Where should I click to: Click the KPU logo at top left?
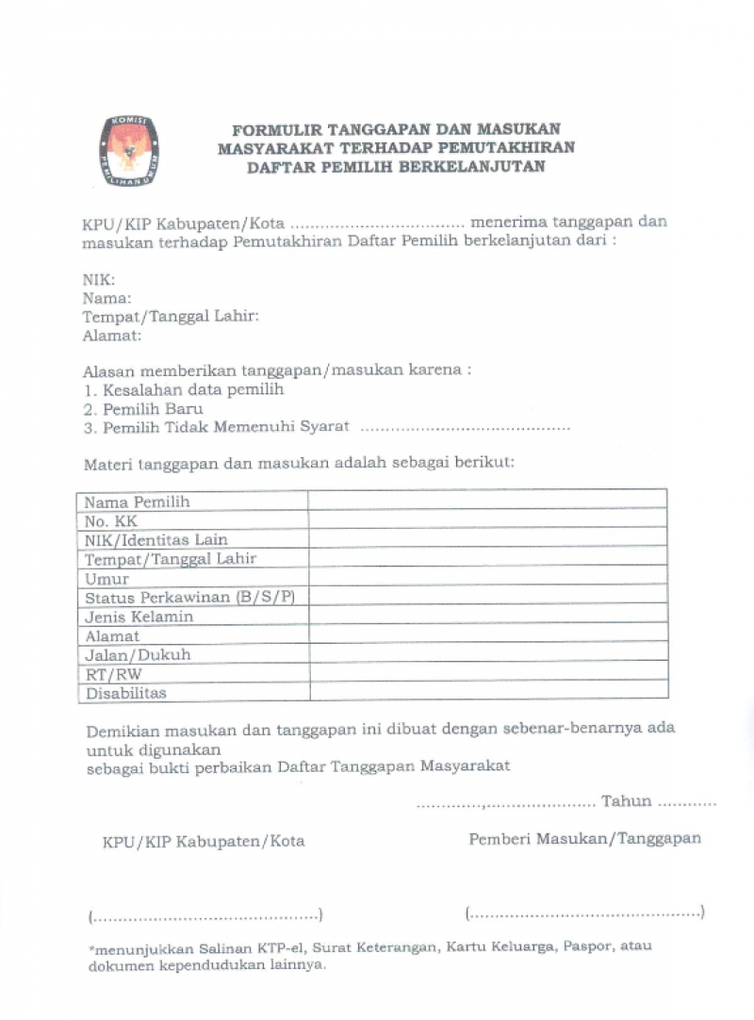[129, 150]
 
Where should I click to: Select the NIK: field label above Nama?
[99, 280]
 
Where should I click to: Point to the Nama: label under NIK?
[107, 298]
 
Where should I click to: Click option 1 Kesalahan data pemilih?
[183, 389]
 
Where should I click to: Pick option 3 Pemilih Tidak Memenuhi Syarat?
[216, 427]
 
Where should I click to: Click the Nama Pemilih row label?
[138, 502]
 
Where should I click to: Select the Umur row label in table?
[107, 579]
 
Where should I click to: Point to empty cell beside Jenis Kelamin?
[487, 617]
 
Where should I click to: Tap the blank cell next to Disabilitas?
[487, 693]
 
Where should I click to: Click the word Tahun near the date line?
[627, 801]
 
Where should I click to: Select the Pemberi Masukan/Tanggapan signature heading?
[584, 838]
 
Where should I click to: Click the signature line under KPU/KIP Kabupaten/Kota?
[205, 915]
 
